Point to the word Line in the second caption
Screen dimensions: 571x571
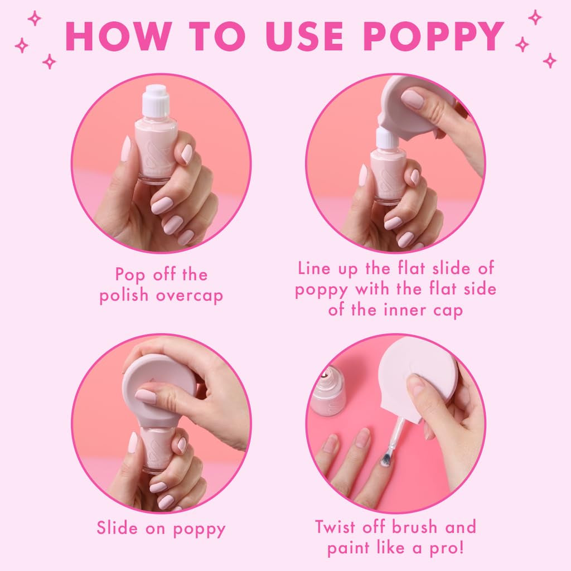click(314, 268)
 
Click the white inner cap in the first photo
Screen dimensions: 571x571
click(156, 101)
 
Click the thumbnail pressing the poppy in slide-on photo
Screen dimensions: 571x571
click(146, 396)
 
